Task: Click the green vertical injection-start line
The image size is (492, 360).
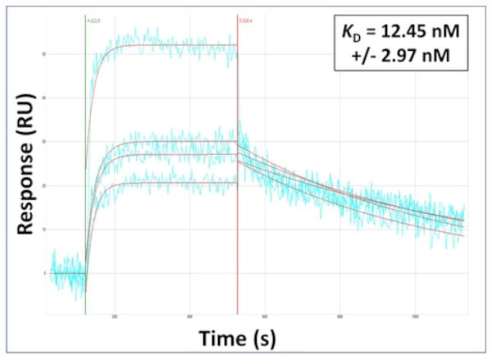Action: click(85, 98)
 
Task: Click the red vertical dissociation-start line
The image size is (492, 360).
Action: click(238, 98)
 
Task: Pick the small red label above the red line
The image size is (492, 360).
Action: click(244, 18)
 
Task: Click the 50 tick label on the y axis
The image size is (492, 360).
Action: click(43, 54)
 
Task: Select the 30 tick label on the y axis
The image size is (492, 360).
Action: click(43, 142)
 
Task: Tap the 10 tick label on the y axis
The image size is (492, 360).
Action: click(43, 230)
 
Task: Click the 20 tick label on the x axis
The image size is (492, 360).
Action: click(115, 317)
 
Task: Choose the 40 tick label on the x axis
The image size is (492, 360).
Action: click(190, 317)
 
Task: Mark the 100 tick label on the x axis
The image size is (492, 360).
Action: click(415, 317)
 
